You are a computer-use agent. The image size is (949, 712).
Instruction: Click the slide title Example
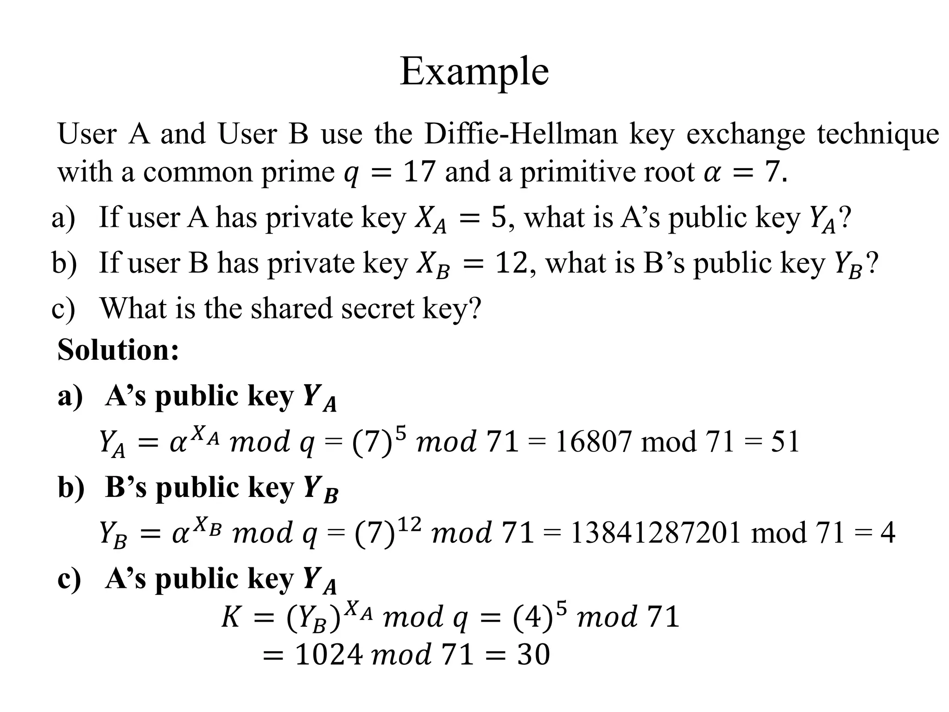click(474, 71)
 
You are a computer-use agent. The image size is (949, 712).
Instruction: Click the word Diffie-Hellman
click(521, 134)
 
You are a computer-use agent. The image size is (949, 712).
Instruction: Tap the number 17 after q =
click(419, 172)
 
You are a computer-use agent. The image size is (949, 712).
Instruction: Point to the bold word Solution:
click(118, 350)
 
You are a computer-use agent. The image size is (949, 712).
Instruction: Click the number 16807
click(593, 441)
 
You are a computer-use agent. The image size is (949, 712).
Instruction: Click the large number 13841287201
click(655, 533)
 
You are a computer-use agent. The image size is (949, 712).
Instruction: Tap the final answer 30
click(533, 655)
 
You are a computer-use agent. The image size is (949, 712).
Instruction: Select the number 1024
click(329, 655)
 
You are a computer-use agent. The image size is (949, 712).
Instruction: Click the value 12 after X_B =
click(511, 263)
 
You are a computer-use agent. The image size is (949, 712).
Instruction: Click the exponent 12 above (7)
click(409, 524)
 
